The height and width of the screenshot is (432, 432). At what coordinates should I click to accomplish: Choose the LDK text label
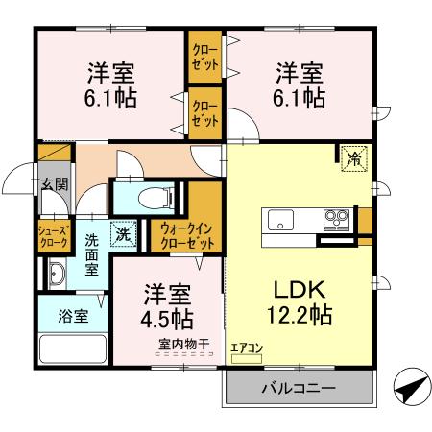[300, 289]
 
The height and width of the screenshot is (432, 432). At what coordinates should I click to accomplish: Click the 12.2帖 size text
[300, 314]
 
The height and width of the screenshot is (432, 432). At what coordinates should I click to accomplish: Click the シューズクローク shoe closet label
[52, 236]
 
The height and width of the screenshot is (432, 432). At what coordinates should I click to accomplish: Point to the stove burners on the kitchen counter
[336, 216]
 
